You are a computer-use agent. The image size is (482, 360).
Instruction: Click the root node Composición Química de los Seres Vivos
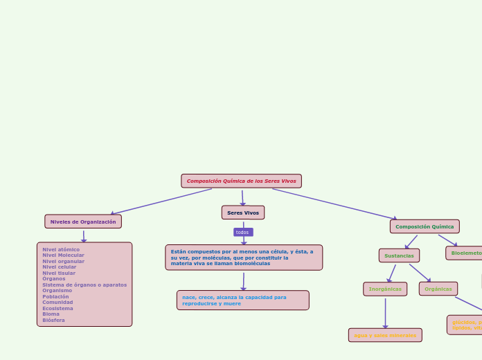tap(241, 181)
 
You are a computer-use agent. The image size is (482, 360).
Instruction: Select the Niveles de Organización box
tap(83, 222)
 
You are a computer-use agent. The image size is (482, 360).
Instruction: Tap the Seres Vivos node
tap(243, 213)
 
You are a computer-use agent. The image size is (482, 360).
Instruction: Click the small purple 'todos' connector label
tap(243, 232)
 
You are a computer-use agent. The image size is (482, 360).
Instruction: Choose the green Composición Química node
tap(425, 226)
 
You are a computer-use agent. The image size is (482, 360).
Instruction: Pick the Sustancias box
tap(399, 255)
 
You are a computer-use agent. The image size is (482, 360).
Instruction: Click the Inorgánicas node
tap(385, 289)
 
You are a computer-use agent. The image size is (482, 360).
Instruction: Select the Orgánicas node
tap(438, 289)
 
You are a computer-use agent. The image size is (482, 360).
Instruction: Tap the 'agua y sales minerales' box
tap(385, 335)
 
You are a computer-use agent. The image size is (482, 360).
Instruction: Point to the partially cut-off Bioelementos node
tap(465, 253)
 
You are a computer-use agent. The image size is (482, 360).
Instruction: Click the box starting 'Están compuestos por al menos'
tap(244, 258)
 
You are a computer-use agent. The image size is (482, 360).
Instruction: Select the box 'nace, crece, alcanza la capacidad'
tap(243, 300)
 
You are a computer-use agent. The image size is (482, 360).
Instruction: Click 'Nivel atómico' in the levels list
tap(61, 249)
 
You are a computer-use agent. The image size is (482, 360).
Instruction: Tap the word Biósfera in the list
tap(53, 320)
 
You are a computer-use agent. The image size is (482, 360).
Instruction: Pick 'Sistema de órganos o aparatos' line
tap(84, 285)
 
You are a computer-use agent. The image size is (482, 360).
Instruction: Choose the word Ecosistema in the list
tap(57, 308)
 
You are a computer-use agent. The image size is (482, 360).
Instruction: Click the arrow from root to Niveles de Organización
tap(161, 201)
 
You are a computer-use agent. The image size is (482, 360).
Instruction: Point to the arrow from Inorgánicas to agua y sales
tap(385, 312)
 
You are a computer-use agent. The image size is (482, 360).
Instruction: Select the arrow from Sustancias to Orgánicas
tap(420, 272)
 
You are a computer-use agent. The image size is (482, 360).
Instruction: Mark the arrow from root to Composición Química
tap(334, 204)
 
